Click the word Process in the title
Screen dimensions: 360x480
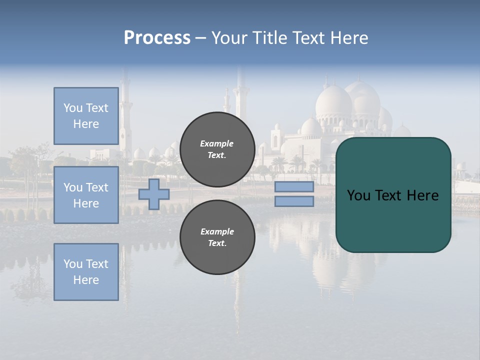click(157, 38)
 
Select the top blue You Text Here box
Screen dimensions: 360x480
click(86, 116)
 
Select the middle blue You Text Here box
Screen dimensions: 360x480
click(86, 195)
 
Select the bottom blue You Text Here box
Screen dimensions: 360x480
click(86, 271)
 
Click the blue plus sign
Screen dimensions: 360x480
click(154, 194)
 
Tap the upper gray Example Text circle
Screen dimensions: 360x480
click(217, 149)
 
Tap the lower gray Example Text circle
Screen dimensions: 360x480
click(217, 237)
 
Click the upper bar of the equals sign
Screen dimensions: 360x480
click(294, 187)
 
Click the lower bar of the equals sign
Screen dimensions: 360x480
click(294, 201)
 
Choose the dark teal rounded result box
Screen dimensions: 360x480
click(393, 220)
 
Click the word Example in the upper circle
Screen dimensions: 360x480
click(217, 144)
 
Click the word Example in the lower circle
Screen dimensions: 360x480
click(217, 232)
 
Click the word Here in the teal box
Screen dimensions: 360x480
click(422, 195)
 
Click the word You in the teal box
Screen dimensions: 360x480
click(358, 195)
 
